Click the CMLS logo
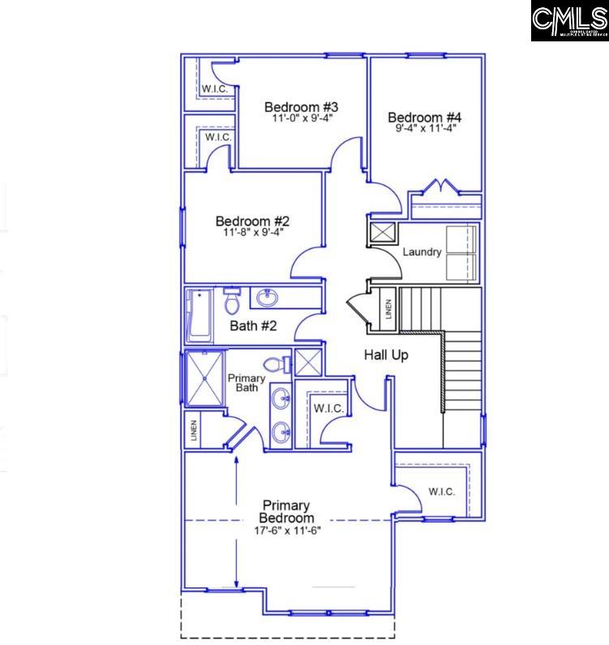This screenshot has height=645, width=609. (x=569, y=21)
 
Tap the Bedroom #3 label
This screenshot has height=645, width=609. (x=301, y=107)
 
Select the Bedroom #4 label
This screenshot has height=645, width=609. (x=424, y=117)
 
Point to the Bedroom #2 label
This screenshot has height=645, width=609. (x=252, y=221)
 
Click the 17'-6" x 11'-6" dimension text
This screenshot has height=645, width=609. (x=289, y=531)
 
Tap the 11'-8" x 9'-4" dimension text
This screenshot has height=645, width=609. (x=253, y=232)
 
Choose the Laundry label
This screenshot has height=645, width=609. (x=422, y=252)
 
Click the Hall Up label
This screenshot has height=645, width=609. (x=385, y=355)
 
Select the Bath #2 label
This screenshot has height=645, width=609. (x=254, y=326)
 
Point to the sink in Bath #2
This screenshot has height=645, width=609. (x=266, y=298)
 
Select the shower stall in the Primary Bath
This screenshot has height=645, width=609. (x=204, y=377)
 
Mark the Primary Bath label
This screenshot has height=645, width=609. (x=247, y=383)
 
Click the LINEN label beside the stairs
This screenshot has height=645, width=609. (x=388, y=309)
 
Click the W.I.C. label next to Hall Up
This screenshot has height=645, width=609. (x=328, y=407)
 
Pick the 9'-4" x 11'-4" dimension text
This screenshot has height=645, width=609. (x=424, y=128)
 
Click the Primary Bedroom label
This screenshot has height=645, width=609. (x=286, y=512)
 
